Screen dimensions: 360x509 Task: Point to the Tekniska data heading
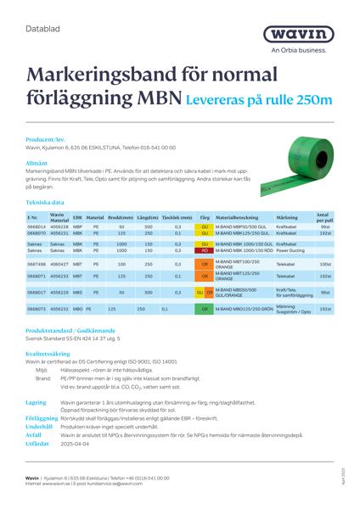[x=45, y=204]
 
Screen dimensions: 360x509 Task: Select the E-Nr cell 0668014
[x=37, y=227]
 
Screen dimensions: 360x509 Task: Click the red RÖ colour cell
[x=205, y=251]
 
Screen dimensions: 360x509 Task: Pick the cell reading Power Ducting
[x=290, y=251]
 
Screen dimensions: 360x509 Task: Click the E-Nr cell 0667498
[x=37, y=265]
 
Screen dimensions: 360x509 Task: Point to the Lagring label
[x=36, y=403]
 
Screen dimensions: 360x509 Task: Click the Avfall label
[x=33, y=434]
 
